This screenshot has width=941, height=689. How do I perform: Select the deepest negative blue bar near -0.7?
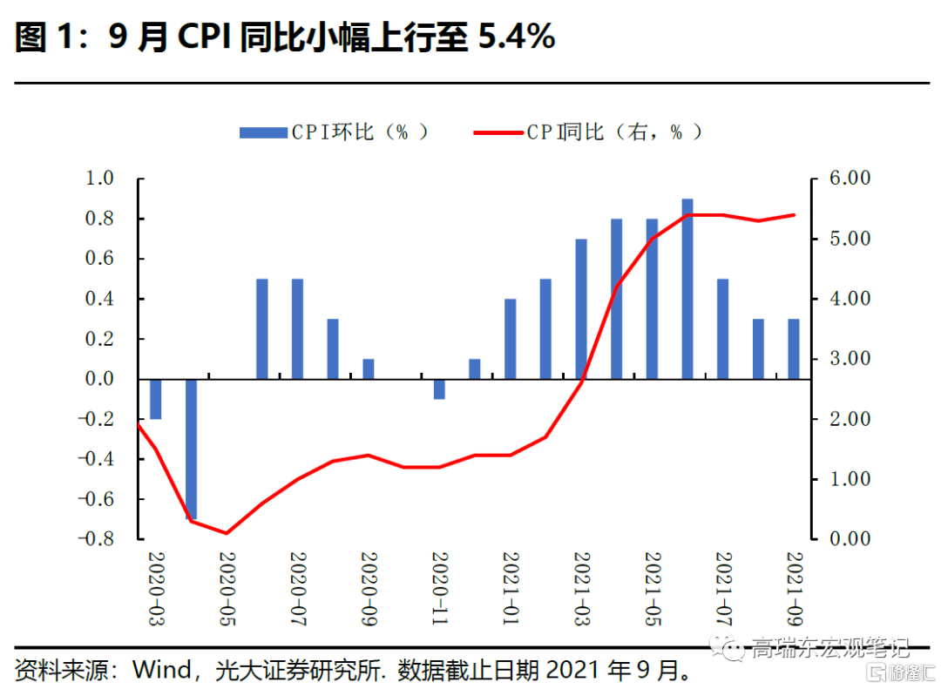[x=191, y=449]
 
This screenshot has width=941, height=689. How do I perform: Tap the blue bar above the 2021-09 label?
[x=794, y=348]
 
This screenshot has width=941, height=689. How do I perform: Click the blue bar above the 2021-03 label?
[x=581, y=309]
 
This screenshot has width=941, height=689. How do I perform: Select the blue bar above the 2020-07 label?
[x=297, y=329]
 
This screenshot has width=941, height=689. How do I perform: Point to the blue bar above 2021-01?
[x=510, y=339]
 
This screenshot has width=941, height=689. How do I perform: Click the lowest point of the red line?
[x=227, y=533]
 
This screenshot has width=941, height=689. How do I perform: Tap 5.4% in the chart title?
[x=518, y=37]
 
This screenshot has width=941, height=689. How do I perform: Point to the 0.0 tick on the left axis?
[x=99, y=379]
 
